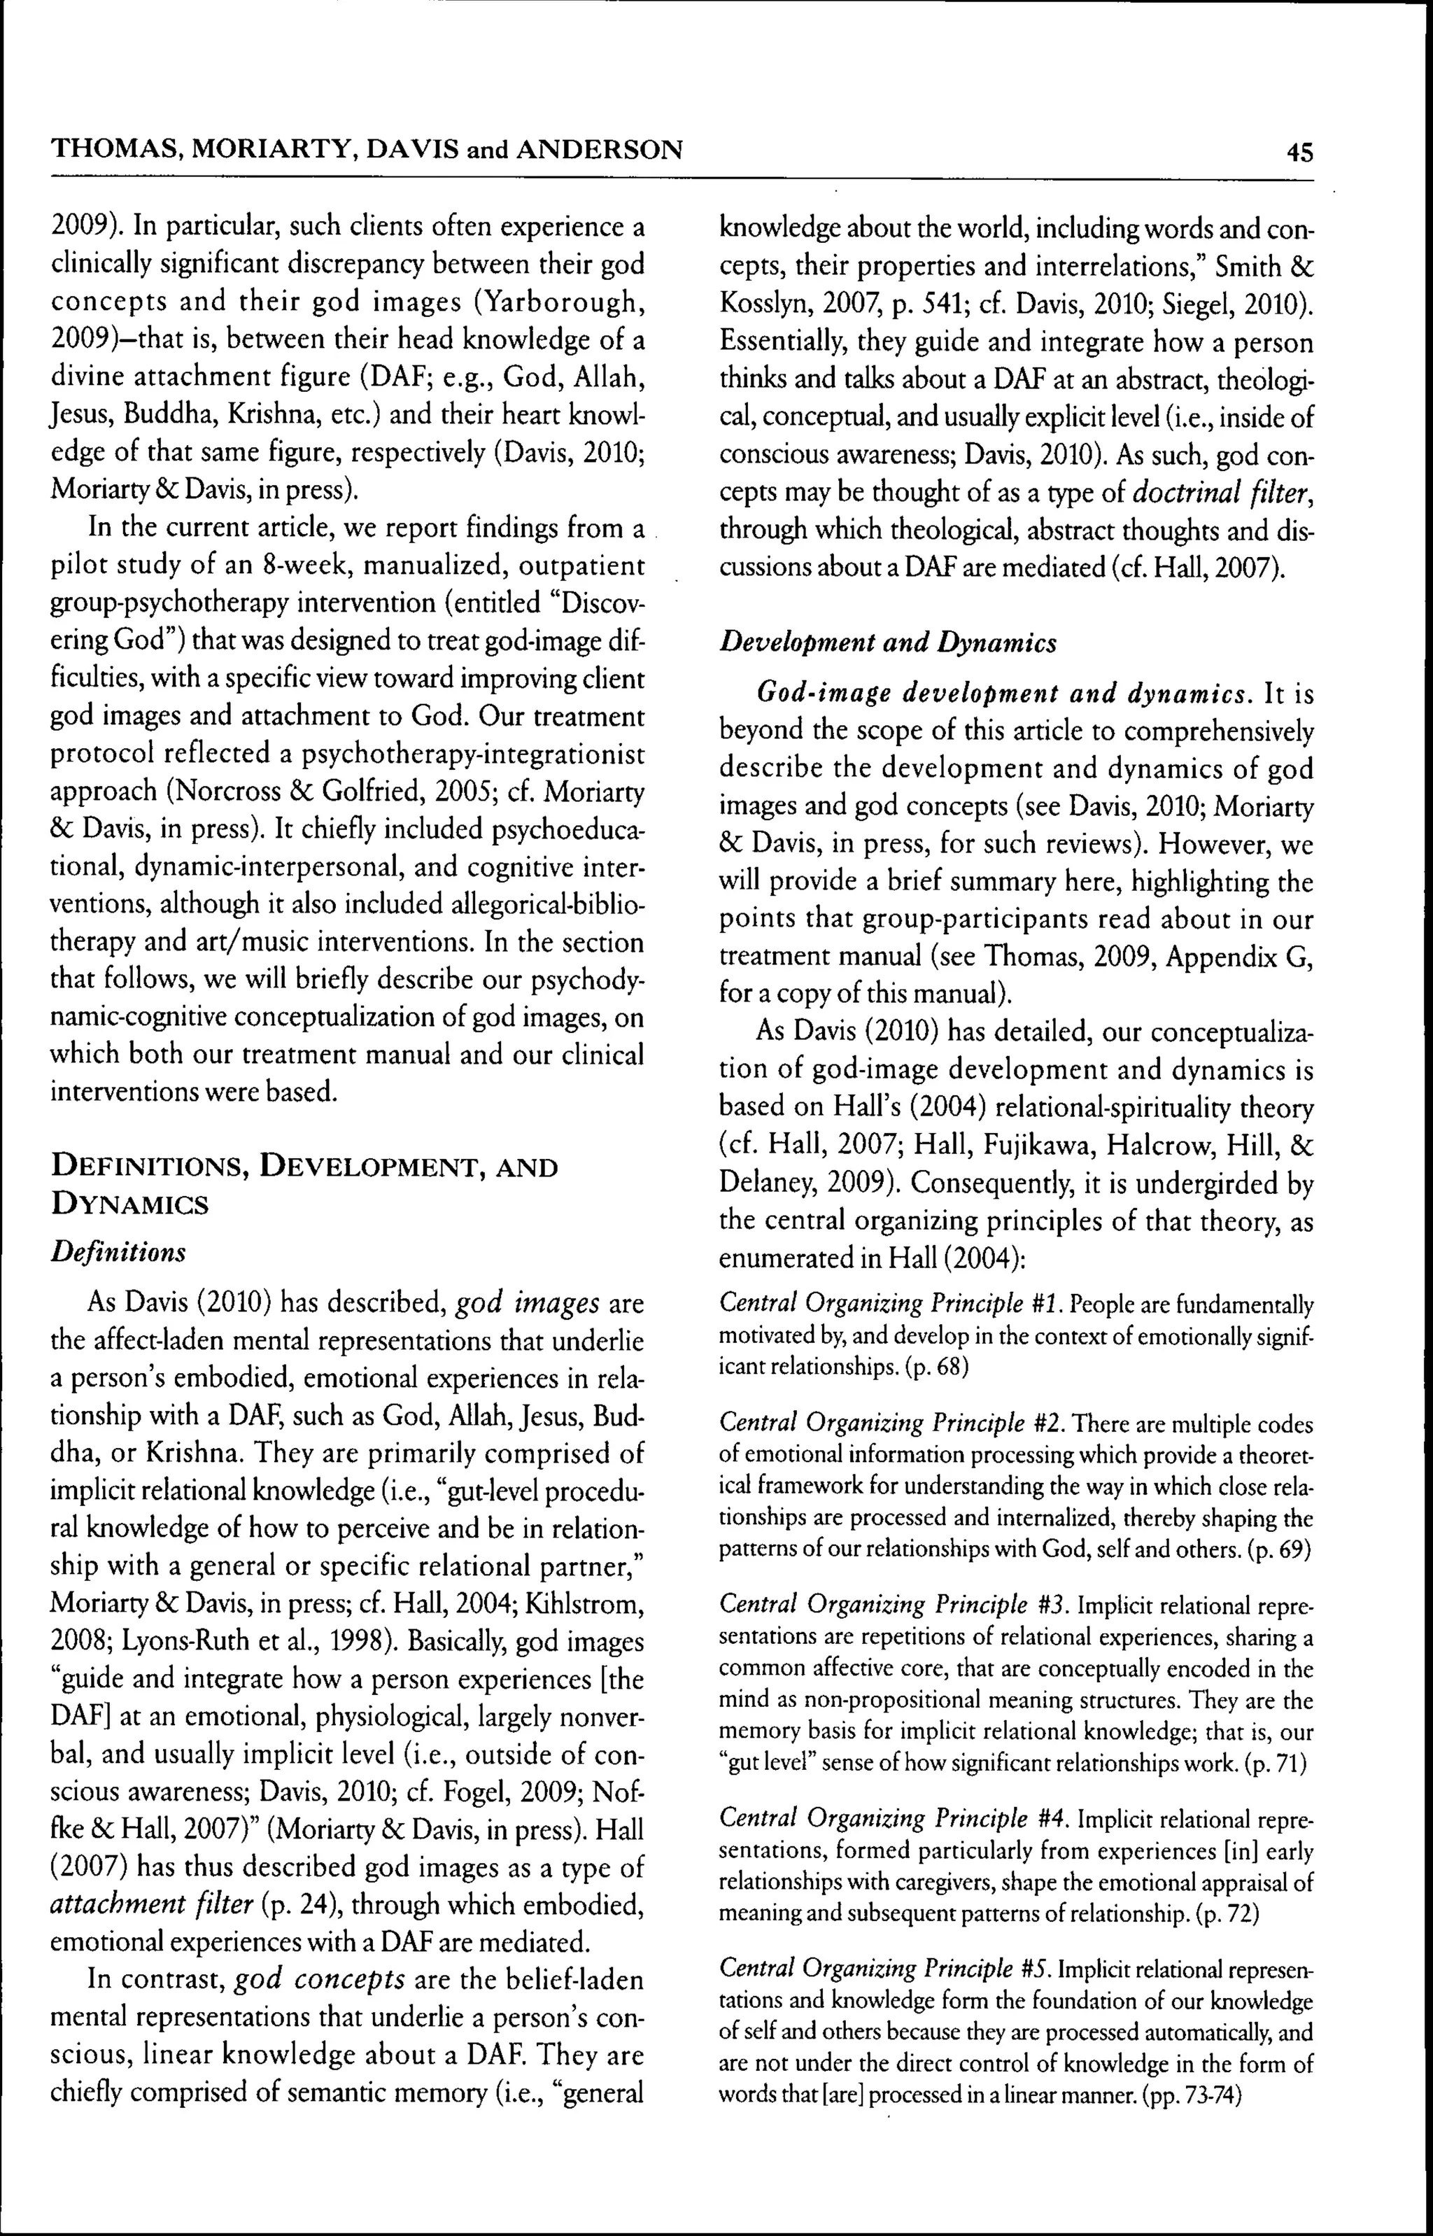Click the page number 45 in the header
pyautogui.click(x=1299, y=152)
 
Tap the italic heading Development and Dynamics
pyautogui.click(x=888, y=643)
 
